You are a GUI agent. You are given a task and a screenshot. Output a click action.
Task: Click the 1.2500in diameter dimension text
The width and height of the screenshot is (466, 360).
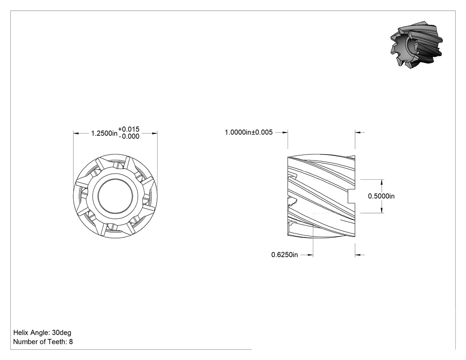(x=104, y=133)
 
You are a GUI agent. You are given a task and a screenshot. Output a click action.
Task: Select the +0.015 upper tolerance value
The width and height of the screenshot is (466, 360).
(x=129, y=129)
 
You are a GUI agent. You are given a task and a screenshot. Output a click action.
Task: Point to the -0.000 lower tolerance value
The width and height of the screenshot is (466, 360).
(x=129, y=136)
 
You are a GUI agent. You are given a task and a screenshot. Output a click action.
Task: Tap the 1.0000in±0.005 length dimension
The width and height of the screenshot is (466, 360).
(x=249, y=132)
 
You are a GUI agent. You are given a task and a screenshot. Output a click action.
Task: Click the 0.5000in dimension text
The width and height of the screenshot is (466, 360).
(x=381, y=196)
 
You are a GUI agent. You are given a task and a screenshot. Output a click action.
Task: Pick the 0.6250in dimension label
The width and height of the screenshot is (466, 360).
(x=284, y=255)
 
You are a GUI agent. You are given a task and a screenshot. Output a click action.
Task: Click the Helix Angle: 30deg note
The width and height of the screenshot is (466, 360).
(x=42, y=332)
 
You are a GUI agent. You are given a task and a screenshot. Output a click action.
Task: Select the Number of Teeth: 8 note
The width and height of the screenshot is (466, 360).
(x=43, y=342)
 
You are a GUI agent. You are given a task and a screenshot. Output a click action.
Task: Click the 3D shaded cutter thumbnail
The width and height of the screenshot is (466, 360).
(x=416, y=44)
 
